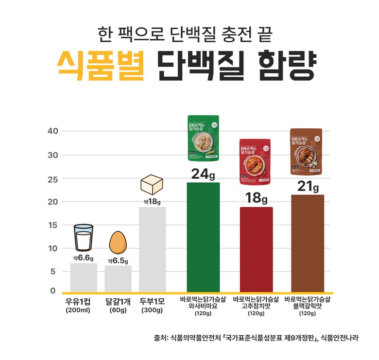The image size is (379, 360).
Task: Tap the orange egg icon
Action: point(118,243)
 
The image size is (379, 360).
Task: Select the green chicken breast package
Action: point(204,138)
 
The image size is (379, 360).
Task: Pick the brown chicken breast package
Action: point(306,152)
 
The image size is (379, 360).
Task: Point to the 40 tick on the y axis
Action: point(53,131)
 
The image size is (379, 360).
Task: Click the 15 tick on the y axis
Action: point(53,225)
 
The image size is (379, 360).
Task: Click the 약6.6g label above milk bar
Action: point(83,258)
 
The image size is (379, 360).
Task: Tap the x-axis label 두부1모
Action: point(152,300)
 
